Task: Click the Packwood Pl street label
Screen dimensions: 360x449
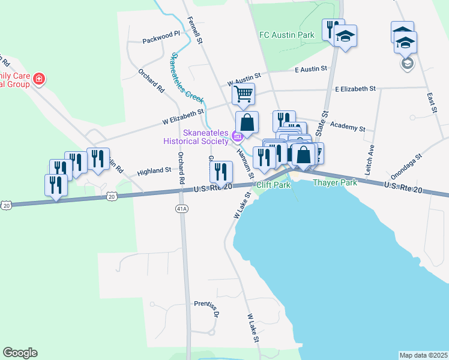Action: pyautogui.click(x=161, y=41)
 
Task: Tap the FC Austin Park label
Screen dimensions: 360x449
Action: pyautogui.click(x=286, y=35)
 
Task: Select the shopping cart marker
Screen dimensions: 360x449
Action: pyautogui.click(x=244, y=94)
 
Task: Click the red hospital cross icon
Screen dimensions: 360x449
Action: pyautogui.click(x=39, y=79)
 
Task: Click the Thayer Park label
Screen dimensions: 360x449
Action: pyautogui.click(x=334, y=182)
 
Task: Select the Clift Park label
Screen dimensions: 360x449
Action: pyautogui.click(x=273, y=185)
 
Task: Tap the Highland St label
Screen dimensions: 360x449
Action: pyautogui.click(x=154, y=171)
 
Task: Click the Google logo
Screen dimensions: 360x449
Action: pyautogui.click(x=20, y=353)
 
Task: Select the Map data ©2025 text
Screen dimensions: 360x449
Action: pyautogui.click(x=423, y=355)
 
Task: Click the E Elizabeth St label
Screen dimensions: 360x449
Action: pyautogui.click(x=355, y=89)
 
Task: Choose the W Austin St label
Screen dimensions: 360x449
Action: pyautogui.click(x=244, y=77)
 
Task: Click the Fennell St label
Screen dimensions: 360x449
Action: pyautogui.click(x=195, y=28)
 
